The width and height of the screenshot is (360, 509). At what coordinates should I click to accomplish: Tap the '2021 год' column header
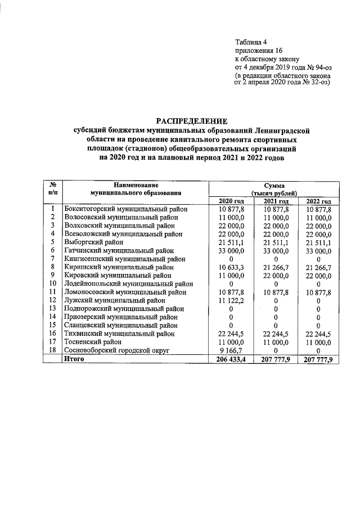coord(276,201)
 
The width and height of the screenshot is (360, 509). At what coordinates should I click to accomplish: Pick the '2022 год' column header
coord(318,201)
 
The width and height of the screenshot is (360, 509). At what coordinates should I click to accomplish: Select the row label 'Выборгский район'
coord(92,242)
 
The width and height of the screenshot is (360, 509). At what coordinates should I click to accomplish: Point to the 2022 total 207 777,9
coord(318,359)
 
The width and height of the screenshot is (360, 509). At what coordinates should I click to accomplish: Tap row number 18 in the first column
coord(52,350)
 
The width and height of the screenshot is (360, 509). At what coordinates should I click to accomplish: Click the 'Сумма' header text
coord(274,185)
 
